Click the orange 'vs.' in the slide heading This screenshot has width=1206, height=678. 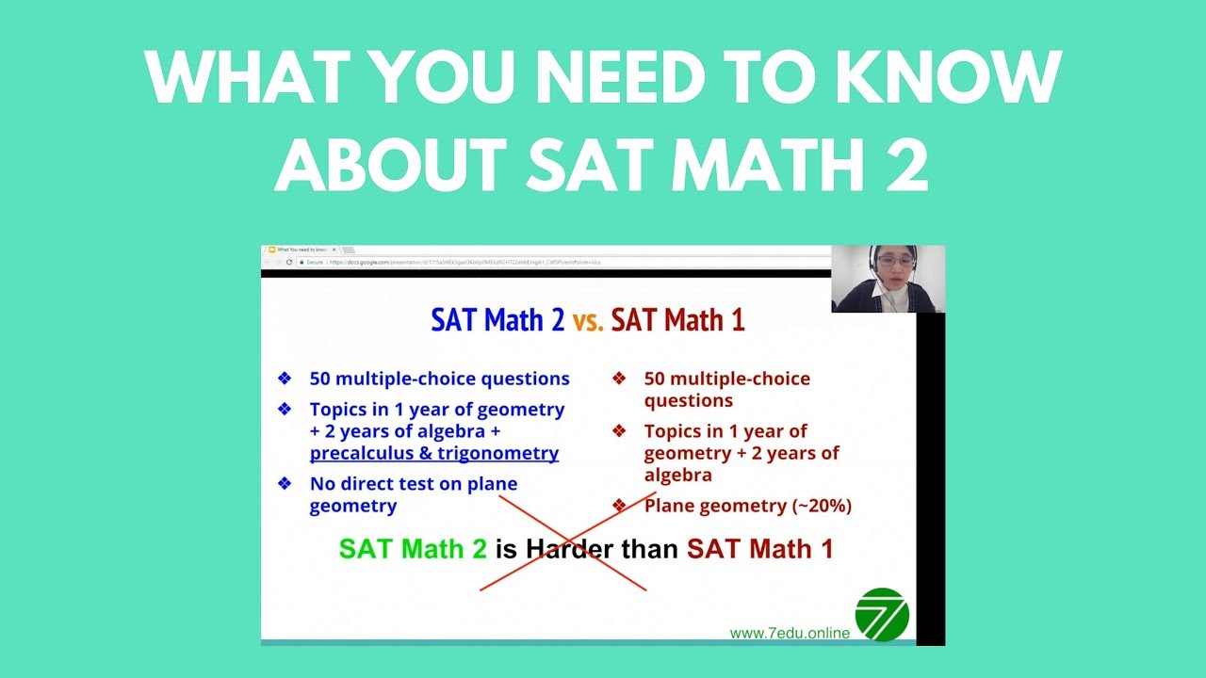coord(588,320)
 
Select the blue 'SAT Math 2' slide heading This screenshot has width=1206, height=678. coord(497,320)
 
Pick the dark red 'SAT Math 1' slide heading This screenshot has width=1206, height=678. coord(677,320)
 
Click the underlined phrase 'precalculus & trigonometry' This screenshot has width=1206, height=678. coord(433,453)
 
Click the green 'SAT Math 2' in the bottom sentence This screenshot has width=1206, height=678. coord(413,548)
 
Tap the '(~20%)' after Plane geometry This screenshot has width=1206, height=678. coord(821,506)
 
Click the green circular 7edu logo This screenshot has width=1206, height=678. coord(882,614)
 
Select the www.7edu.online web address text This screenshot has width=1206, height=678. coord(790,633)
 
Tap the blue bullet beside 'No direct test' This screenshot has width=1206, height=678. coord(285,484)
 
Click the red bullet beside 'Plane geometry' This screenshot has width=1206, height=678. coord(619,506)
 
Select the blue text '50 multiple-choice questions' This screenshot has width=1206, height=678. coord(439,379)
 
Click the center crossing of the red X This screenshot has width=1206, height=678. coord(574,540)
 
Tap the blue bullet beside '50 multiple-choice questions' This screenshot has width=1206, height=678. coord(285,379)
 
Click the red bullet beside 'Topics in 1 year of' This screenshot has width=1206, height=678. coord(619,431)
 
